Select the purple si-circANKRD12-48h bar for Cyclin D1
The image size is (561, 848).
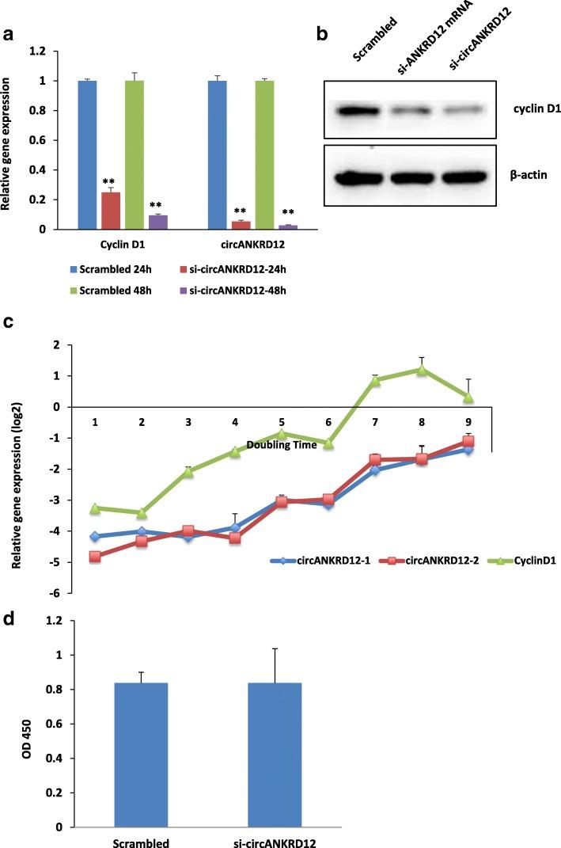click(158, 222)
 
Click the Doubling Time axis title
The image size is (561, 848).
click(282, 445)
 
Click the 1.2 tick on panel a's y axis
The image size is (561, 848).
click(56, 51)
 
